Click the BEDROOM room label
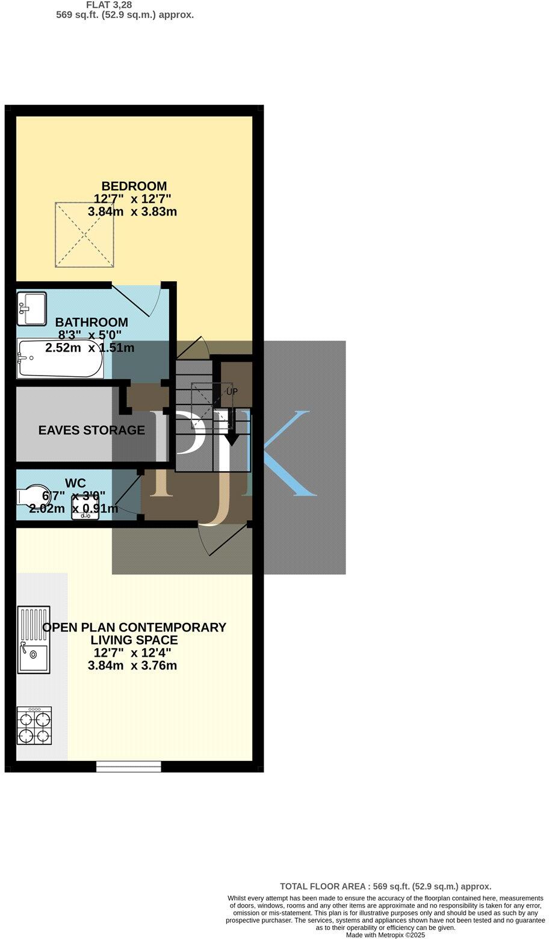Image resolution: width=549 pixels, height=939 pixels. click(134, 186)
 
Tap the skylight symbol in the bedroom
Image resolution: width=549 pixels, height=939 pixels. click(84, 235)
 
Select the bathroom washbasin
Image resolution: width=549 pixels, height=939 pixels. click(31, 304)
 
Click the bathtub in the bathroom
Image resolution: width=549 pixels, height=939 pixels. click(60, 359)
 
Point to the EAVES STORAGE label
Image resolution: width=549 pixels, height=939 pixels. click(91, 430)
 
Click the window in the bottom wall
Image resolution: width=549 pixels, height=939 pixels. click(129, 766)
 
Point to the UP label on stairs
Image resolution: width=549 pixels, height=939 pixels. click(232, 391)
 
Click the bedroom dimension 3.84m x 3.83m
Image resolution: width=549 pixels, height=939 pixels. click(132, 212)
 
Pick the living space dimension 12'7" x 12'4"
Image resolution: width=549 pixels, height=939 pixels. click(132, 652)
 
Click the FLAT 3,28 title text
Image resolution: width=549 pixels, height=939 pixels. click(109, 5)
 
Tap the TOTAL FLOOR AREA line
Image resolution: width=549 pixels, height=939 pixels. click(385, 886)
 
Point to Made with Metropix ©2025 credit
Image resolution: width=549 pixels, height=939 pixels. click(385, 935)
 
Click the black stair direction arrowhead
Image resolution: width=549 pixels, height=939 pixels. click(232, 439)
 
